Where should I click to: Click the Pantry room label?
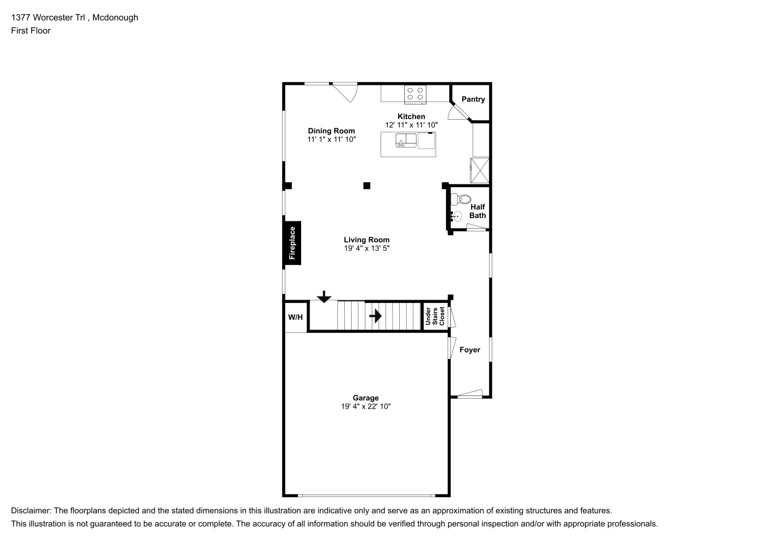[473, 99]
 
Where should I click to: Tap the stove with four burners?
[415, 95]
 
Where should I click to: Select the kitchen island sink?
[406, 140]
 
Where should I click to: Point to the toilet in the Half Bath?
[461, 199]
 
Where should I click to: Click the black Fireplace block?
[292, 243]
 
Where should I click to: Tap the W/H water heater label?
[295, 317]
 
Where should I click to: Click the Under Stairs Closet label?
[435, 316]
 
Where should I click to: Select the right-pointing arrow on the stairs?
[375, 316]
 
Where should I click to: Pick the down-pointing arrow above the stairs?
[324, 296]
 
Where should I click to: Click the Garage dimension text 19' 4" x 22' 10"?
[366, 406]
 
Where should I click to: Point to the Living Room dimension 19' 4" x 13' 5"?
[367, 248]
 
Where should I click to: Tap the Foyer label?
[470, 350]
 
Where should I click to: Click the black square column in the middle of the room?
[367, 186]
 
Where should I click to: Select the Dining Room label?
[332, 131]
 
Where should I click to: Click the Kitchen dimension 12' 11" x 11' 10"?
[411, 125]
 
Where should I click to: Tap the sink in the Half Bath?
[456, 217]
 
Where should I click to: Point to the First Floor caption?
[30, 30]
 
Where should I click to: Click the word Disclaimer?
[31, 511]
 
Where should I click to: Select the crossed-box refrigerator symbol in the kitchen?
[480, 171]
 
